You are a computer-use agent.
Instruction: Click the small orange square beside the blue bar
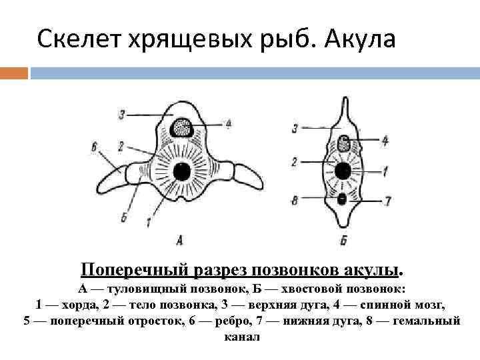point(14,71)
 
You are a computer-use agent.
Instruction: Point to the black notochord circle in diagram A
point(181,173)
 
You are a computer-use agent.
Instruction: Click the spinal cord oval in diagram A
point(181,127)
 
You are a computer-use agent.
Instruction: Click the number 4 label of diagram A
point(228,123)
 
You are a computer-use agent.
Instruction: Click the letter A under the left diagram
point(179,238)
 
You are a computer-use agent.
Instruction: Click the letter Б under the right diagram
point(343,239)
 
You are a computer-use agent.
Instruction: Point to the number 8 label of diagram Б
point(294,198)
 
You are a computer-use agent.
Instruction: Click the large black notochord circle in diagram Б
point(343,171)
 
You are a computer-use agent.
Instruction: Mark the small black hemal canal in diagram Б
point(343,198)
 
